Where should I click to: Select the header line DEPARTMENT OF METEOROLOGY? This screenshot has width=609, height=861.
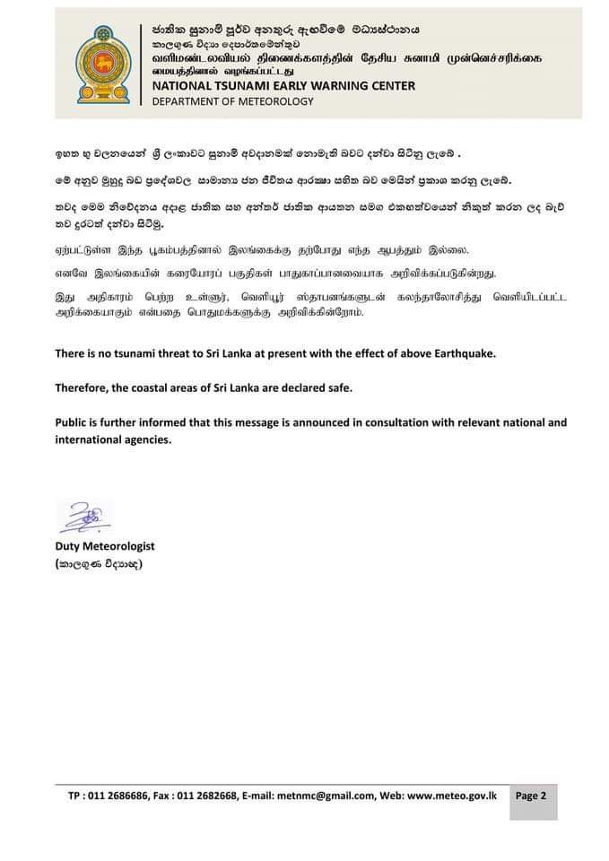point(233,101)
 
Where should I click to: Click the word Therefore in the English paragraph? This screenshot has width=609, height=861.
point(84,387)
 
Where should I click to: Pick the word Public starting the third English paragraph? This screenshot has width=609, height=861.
point(74,422)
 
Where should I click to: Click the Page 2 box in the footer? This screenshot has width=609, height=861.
point(531,795)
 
